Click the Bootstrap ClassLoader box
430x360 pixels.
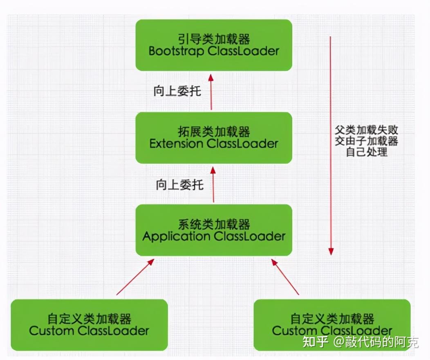(x=214, y=45)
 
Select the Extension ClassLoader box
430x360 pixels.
(x=214, y=138)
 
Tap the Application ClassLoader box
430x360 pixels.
(x=214, y=230)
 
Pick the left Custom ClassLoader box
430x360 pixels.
(x=89, y=325)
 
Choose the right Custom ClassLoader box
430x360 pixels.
(x=332, y=325)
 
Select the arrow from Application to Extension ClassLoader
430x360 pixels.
(x=213, y=185)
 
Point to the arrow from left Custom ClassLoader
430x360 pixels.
(x=135, y=277)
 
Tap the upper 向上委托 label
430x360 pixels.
(x=177, y=91)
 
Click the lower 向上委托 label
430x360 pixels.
(x=179, y=185)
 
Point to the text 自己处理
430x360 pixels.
(x=367, y=152)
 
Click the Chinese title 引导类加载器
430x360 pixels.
(x=214, y=39)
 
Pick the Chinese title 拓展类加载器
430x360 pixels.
(x=214, y=132)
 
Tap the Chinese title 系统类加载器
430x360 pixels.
(x=214, y=225)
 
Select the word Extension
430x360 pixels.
(x=176, y=144)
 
